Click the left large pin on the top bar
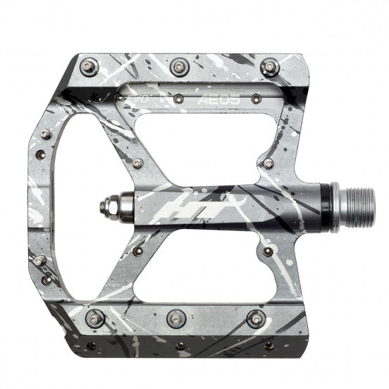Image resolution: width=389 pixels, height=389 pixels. tap(87, 67)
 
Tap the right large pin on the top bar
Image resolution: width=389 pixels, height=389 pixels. tap(268, 67)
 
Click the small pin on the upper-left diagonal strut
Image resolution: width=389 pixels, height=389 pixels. tap(137, 163)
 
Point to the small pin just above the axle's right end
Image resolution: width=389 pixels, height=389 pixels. tap(268, 163)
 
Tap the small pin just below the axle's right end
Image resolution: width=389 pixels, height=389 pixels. tap(268, 248)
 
